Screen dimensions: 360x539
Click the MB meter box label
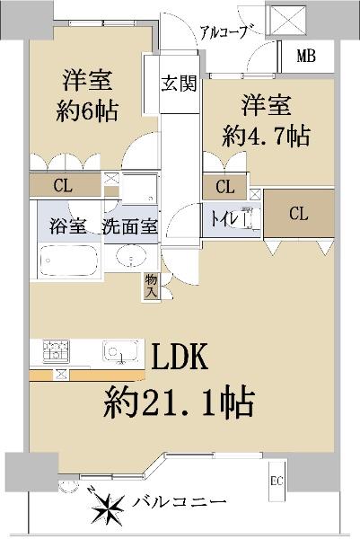[306, 56]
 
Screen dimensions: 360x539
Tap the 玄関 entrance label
[179, 84]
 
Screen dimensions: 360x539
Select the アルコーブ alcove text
[224, 32]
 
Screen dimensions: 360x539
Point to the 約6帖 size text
[87, 111]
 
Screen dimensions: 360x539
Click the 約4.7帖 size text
[267, 136]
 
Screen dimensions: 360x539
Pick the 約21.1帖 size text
[179, 402]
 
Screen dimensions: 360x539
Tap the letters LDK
[180, 357]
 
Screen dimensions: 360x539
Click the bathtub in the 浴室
[68, 261]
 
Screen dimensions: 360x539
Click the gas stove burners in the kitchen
[56, 350]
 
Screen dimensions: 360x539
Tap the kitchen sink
[120, 351]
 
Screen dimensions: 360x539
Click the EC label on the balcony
[277, 481]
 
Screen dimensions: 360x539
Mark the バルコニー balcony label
[180, 503]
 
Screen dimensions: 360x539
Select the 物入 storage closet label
[151, 287]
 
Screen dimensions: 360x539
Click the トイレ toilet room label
[224, 218]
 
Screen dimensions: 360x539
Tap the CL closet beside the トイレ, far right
[299, 214]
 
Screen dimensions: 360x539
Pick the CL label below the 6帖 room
[63, 186]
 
